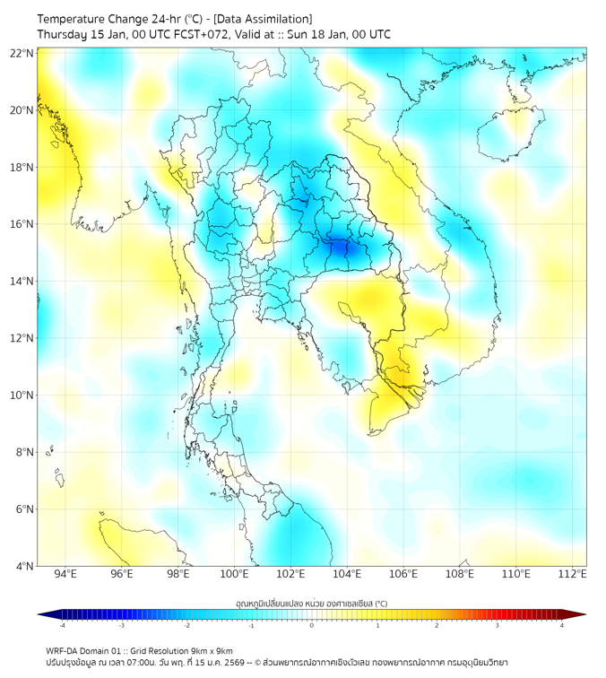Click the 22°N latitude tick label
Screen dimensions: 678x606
point(22,53)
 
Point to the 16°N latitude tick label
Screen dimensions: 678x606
point(22,224)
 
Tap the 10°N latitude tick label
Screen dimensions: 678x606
point(22,395)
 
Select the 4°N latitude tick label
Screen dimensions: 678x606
point(24,566)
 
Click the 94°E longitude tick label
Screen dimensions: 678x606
point(65,574)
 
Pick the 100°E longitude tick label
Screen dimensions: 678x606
point(234,574)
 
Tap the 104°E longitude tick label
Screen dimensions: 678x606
point(347,574)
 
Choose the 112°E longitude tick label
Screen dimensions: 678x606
point(572,574)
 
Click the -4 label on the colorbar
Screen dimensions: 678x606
point(62,625)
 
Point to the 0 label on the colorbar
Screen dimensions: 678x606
point(312,625)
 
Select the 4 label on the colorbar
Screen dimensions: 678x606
point(562,625)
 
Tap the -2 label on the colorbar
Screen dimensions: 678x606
point(186,625)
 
